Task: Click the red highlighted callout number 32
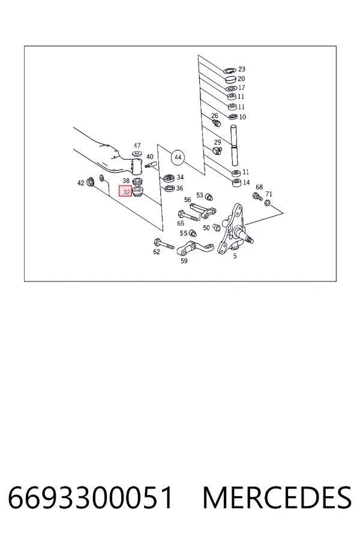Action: click(x=126, y=191)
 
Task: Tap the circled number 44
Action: click(x=178, y=157)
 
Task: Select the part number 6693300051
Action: click(x=90, y=497)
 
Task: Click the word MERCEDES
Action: click(x=277, y=497)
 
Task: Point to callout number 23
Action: click(x=241, y=69)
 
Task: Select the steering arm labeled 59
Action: click(x=194, y=248)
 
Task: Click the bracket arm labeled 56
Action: click(x=203, y=210)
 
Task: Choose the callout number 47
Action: click(x=137, y=145)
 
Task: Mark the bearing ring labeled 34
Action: click(x=169, y=178)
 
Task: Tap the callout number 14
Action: click(x=246, y=182)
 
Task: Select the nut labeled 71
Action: click(x=267, y=203)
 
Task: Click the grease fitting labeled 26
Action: click(x=217, y=123)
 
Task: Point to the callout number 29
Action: click(x=217, y=142)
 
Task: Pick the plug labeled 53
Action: click(x=209, y=197)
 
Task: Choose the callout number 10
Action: click(x=242, y=117)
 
